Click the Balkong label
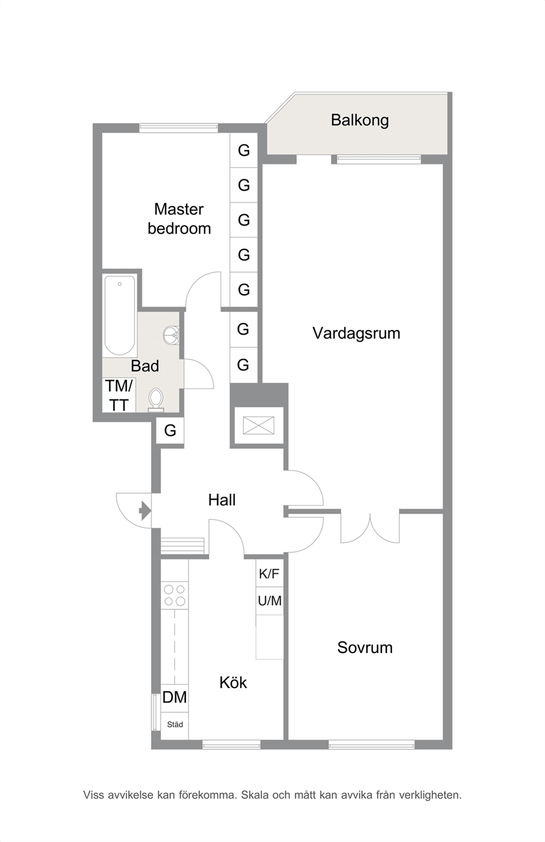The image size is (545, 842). pos(359,120)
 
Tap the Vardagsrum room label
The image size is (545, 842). pos(356,333)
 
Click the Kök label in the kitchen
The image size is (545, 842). pos(233,682)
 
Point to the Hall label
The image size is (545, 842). pos(222,500)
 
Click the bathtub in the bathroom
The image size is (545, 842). pos(120,315)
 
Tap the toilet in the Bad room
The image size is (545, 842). pos(155,399)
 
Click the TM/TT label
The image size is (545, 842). pos(119,395)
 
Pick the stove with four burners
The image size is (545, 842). pos(175,595)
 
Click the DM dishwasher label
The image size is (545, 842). pos(175,698)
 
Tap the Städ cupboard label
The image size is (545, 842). pos(175,724)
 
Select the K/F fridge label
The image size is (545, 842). pos(269,574)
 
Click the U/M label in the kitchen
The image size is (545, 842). pos(270,601)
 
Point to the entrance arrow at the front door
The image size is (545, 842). pos(145,510)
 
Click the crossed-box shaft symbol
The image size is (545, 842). pos(258,426)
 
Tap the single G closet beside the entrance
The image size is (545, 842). pos(170,431)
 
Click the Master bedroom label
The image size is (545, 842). pos(179,219)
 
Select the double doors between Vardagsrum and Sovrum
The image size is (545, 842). pos(370,528)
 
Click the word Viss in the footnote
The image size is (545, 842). pos(94,795)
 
